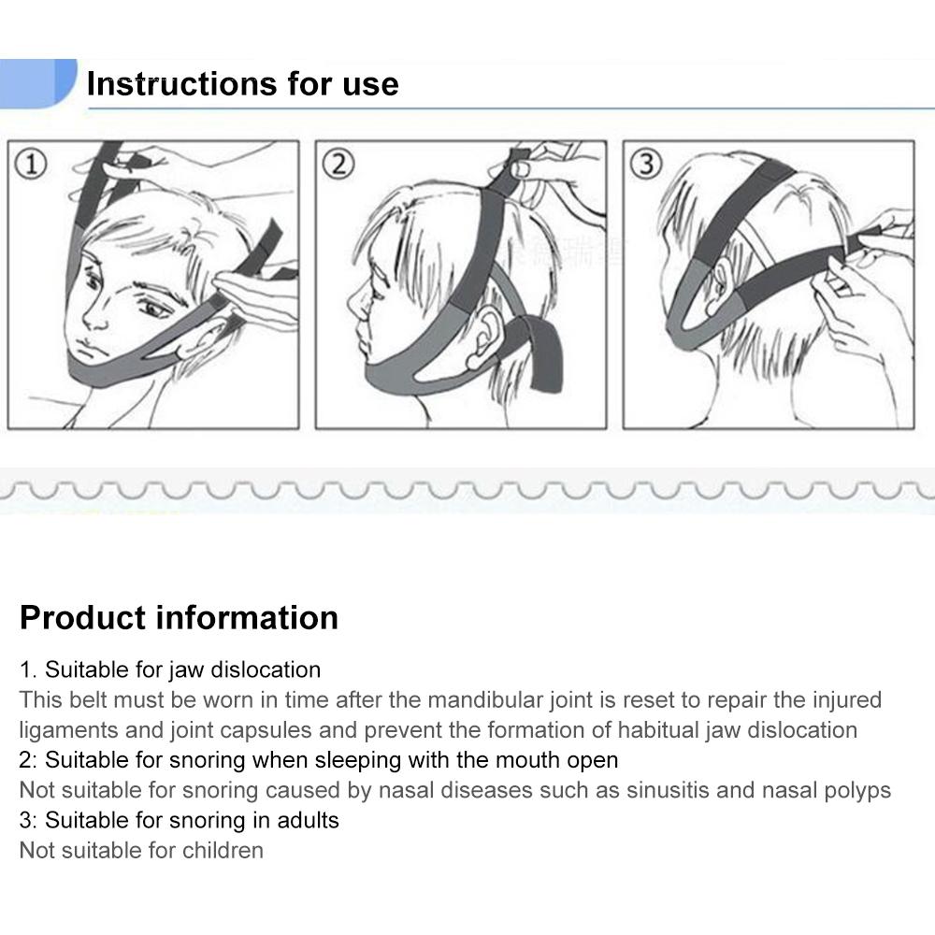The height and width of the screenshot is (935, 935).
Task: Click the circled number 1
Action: [32, 165]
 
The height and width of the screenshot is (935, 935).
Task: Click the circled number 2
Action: [338, 165]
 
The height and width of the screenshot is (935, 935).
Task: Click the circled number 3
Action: [645, 165]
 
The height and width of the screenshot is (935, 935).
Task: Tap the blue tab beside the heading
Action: [37, 82]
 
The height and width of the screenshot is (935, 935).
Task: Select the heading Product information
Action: [179, 618]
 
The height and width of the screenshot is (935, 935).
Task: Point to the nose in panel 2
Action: [357, 301]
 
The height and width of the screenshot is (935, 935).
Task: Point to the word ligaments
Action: [67, 730]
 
